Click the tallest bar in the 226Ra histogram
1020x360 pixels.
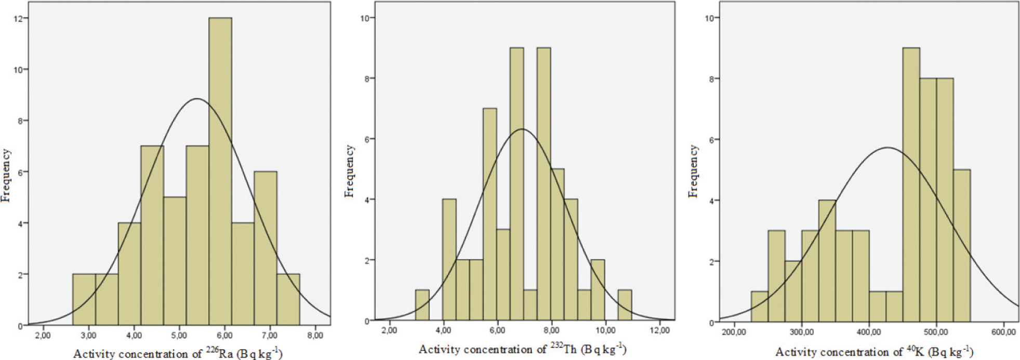[220, 171]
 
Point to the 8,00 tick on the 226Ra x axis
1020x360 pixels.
[315, 335]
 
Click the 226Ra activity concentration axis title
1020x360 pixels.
[178, 354]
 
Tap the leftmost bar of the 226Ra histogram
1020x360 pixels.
[84, 300]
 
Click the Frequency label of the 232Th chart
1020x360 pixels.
[350, 171]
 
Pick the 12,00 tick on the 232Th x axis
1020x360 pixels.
[659, 330]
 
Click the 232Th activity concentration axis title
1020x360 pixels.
[522, 349]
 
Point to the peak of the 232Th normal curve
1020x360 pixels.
[522, 129]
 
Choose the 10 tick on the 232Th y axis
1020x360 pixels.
[365, 18]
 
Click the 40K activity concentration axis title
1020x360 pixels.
[874, 352]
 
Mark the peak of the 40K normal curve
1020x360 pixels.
[887, 148]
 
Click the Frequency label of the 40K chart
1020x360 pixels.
[693, 171]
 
